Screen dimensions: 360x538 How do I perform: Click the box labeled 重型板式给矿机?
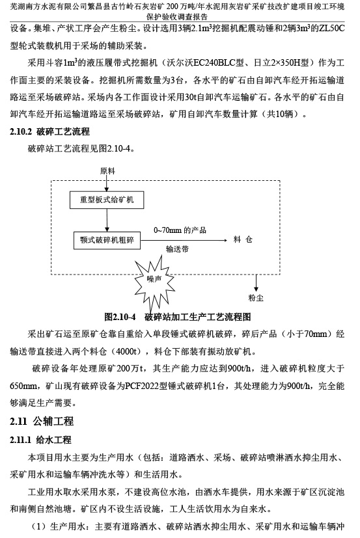(x=107, y=200)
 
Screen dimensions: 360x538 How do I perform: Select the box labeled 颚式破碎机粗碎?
(x=107, y=240)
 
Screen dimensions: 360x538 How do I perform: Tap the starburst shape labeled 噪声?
(x=154, y=279)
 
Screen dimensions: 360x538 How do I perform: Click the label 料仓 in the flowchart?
(x=243, y=239)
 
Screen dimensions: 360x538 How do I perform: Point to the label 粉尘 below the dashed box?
(x=256, y=298)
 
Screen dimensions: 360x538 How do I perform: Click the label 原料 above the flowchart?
(x=107, y=171)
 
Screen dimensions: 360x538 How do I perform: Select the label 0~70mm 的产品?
(x=180, y=230)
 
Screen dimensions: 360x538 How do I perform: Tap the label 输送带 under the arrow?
(x=177, y=249)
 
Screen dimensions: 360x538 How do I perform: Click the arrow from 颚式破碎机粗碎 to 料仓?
(x=184, y=240)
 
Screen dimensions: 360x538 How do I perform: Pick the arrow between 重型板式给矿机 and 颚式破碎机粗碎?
(x=107, y=220)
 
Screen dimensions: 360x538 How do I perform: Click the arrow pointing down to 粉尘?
(x=256, y=283)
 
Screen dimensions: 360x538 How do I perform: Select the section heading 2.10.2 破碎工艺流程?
(x=50, y=132)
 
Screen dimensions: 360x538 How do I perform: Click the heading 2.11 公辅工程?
(x=42, y=421)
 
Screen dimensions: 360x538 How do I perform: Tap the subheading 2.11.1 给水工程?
(x=40, y=440)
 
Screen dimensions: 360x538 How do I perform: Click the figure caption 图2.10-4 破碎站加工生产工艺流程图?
(x=177, y=317)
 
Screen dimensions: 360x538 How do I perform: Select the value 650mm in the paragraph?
(x=23, y=386)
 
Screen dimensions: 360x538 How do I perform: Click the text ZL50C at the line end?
(x=331, y=29)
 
